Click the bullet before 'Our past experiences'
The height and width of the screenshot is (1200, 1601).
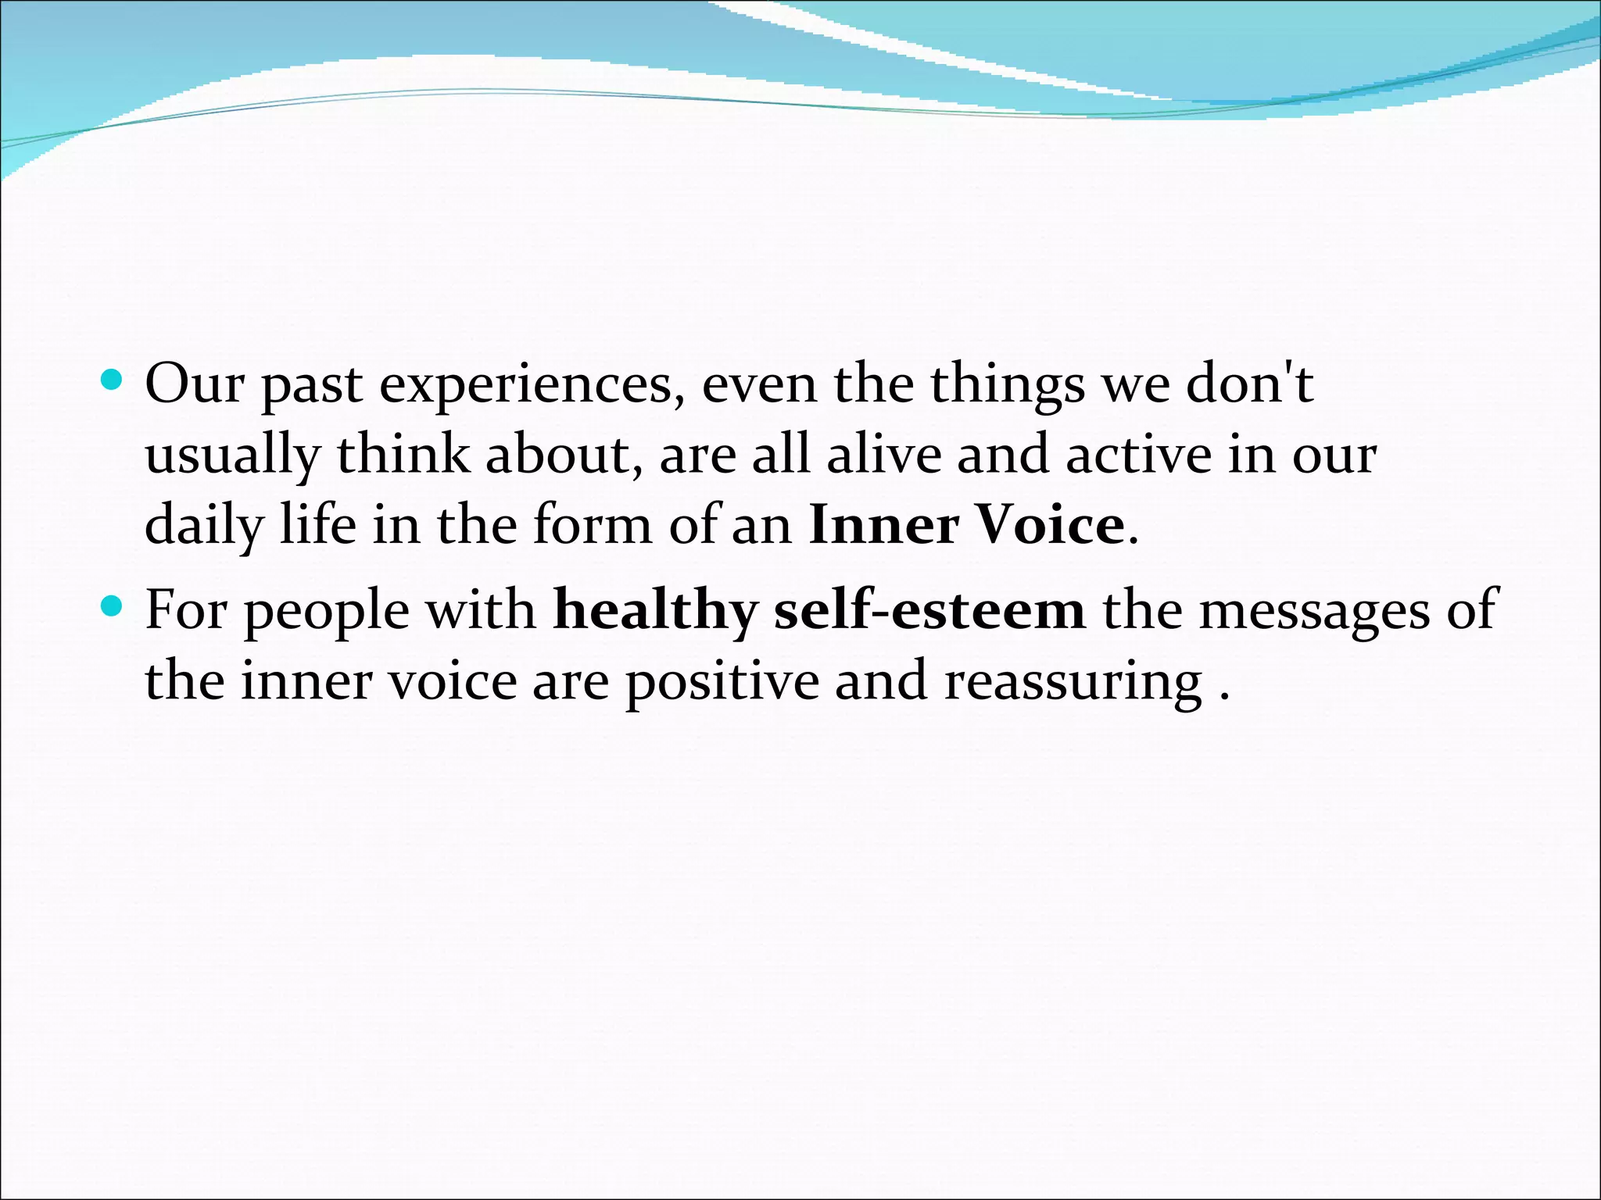pos(113,381)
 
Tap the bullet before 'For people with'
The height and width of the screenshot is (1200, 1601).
pos(113,605)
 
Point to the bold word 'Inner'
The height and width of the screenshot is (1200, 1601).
pos(883,525)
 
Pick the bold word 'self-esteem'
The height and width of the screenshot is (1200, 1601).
pos(929,610)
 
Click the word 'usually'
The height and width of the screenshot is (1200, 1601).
pos(233,456)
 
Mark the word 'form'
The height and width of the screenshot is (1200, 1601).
pos(592,525)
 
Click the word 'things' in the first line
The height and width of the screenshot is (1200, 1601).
pos(1008,386)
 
